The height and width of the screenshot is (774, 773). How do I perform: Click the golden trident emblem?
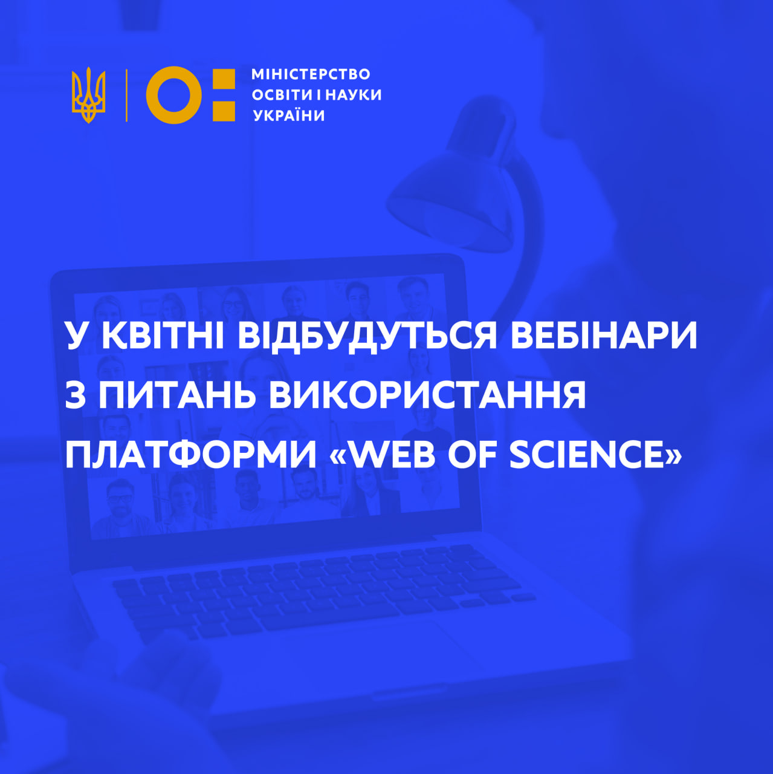pyautogui.click(x=88, y=95)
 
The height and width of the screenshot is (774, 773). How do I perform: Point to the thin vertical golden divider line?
pyautogui.click(x=126, y=95)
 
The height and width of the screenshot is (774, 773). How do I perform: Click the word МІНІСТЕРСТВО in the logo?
pyautogui.click(x=311, y=74)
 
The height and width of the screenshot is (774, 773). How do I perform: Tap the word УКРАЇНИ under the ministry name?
pyautogui.click(x=289, y=115)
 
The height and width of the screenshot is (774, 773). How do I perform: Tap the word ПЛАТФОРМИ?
pyautogui.click(x=191, y=455)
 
